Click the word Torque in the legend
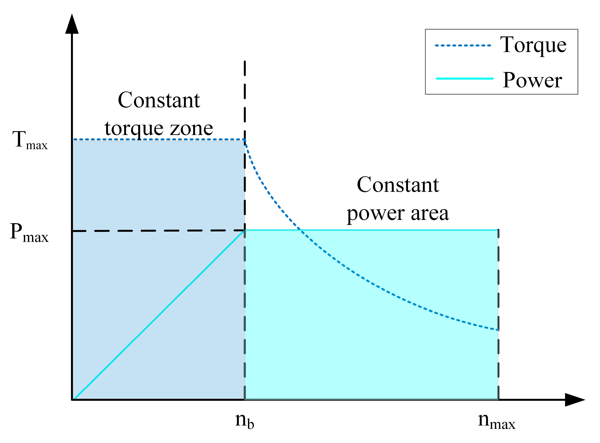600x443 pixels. (x=533, y=45)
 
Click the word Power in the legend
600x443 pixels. (x=532, y=80)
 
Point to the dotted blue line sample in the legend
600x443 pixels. (x=463, y=46)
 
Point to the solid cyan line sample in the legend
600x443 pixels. (x=464, y=79)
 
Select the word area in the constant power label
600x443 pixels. (x=430, y=214)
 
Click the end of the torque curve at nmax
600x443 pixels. (x=498, y=330)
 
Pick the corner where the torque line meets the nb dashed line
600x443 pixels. (x=245, y=140)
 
